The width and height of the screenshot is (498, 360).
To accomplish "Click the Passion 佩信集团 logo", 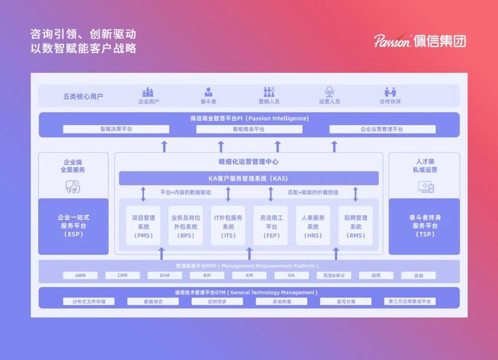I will pos(419,41).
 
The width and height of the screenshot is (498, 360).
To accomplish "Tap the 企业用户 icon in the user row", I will pos(148,92).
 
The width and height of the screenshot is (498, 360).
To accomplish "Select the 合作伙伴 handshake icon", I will pos(390,92).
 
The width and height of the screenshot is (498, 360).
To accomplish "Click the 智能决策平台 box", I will pos(116,129).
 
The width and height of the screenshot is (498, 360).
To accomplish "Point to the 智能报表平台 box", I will pos(248,129).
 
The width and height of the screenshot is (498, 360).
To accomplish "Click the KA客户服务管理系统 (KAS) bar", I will pos(248,179).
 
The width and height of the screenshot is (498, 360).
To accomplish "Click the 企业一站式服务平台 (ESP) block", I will pos(73,225).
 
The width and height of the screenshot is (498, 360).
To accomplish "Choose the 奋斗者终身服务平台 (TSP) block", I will pos(424,225).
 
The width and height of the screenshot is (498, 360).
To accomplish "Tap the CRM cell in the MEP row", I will pos(123,275).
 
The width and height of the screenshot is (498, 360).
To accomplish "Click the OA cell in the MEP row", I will pos(291,275).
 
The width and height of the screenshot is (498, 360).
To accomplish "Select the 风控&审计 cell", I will pos(334,275).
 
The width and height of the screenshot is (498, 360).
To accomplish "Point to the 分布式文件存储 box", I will pos(88,301).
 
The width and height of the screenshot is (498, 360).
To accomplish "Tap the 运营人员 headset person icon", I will pos(329,92).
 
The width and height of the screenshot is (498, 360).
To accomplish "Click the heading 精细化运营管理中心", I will pos(248,162).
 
